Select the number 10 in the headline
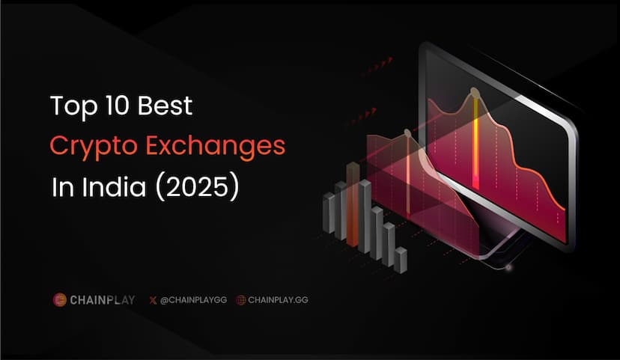[115, 106]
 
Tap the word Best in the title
[165, 106]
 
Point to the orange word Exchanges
[216, 146]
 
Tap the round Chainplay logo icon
[59, 300]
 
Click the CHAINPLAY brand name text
[103, 300]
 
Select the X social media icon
[153, 300]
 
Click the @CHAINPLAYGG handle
[193, 300]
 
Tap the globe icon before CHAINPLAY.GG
[241, 300]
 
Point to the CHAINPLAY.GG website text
[278, 300]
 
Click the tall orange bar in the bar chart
[353, 204]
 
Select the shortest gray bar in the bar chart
[401, 260]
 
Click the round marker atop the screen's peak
[475, 94]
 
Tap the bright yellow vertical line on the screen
[475, 142]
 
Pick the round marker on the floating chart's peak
[407, 132]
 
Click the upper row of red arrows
[377, 67]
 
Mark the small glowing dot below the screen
[509, 267]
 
